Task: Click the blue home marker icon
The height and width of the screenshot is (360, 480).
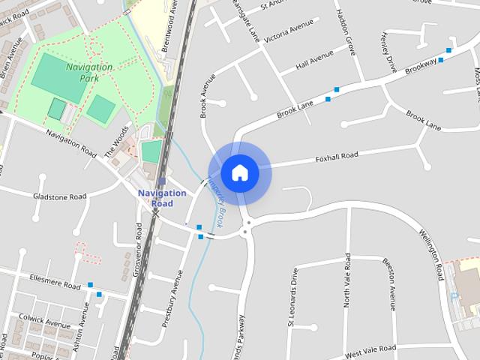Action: (x=239, y=172)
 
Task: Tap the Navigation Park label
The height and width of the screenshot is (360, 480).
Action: (x=89, y=72)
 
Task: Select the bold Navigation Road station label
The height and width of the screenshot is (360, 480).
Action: (x=162, y=198)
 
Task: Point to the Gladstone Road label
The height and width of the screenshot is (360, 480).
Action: (x=60, y=196)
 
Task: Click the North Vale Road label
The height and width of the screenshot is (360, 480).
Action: (x=347, y=279)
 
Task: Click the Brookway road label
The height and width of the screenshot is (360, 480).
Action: (x=421, y=66)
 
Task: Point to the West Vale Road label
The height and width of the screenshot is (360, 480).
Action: (x=370, y=350)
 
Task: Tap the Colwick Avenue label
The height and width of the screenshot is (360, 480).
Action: (x=45, y=322)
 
